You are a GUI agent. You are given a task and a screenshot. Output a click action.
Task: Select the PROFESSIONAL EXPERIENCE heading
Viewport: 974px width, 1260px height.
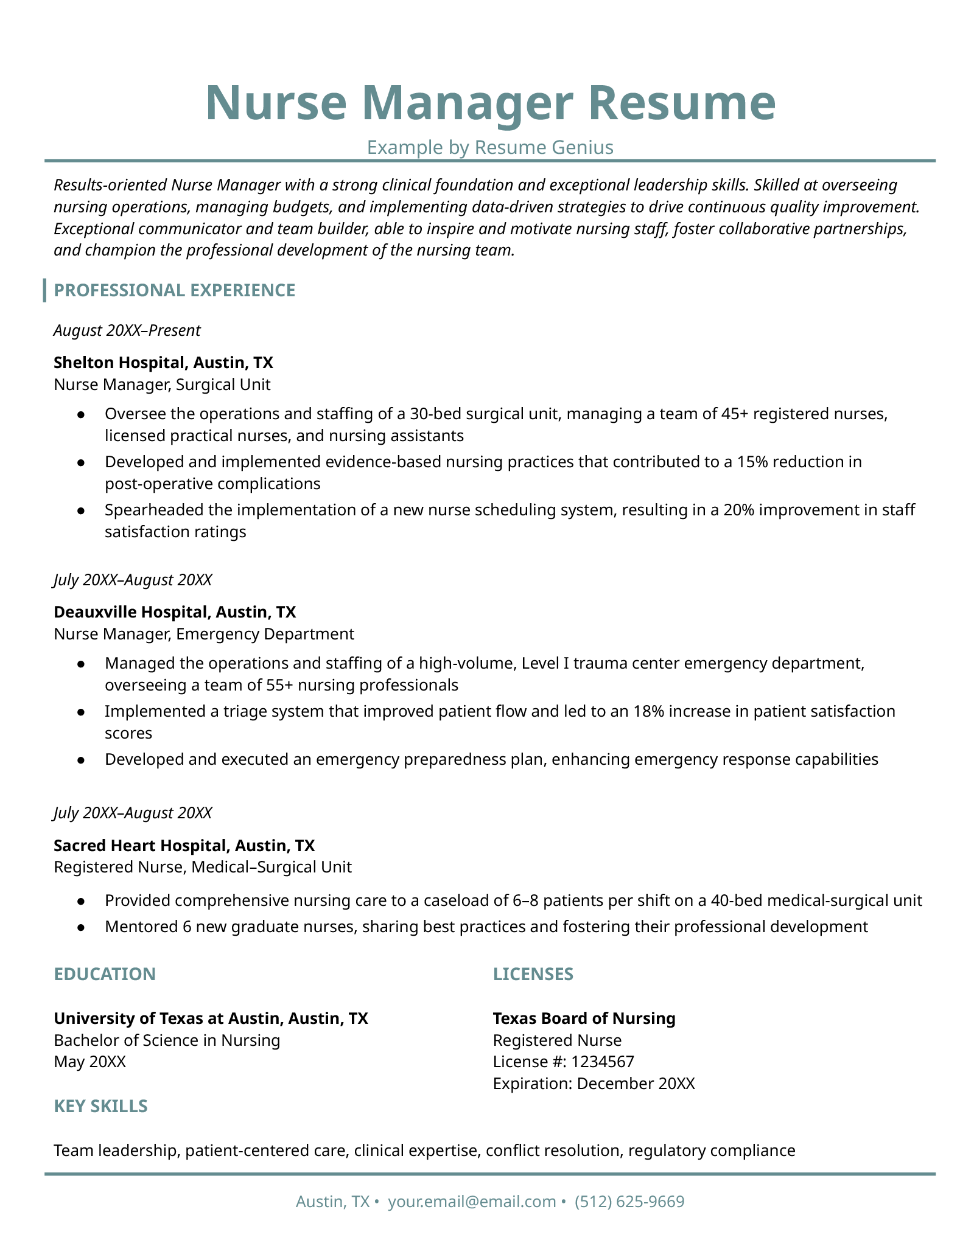tap(175, 290)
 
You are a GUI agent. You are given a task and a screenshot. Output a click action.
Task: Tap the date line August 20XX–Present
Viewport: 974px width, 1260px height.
tap(127, 330)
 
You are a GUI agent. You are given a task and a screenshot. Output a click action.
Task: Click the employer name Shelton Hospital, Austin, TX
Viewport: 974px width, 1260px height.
tap(163, 363)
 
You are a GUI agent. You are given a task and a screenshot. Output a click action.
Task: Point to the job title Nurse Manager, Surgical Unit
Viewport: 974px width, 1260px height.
tap(162, 385)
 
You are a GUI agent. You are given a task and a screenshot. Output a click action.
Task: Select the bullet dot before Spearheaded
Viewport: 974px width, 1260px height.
tap(80, 510)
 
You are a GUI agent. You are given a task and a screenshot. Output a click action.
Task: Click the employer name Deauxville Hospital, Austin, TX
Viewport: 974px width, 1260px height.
tap(175, 611)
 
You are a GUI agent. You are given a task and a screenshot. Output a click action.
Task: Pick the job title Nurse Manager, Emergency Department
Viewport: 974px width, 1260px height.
tap(204, 634)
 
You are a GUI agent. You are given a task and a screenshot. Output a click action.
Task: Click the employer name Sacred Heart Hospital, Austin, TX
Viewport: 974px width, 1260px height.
tap(184, 845)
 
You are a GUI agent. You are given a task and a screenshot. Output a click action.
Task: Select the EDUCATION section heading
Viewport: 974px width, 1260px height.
tap(105, 974)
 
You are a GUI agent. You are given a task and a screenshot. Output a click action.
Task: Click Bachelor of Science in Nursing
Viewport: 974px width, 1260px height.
tap(167, 1040)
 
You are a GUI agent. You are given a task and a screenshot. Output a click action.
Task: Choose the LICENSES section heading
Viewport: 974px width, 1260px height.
tap(533, 974)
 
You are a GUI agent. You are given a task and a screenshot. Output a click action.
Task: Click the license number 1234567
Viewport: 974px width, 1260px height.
tap(603, 1062)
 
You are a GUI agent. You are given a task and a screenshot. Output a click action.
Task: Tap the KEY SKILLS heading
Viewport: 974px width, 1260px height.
tap(100, 1106)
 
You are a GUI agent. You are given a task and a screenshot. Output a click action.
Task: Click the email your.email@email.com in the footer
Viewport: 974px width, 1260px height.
tap(472, 1202)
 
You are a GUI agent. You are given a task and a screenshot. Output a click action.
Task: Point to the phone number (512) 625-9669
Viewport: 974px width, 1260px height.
tap(629, 1202)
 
